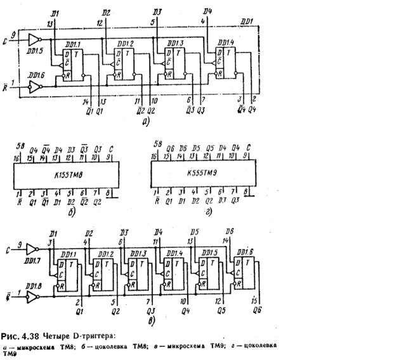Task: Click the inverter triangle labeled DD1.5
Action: click(34, 40)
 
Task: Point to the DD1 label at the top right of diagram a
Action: click(248, 21)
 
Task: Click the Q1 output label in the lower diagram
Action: click(78, 311)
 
